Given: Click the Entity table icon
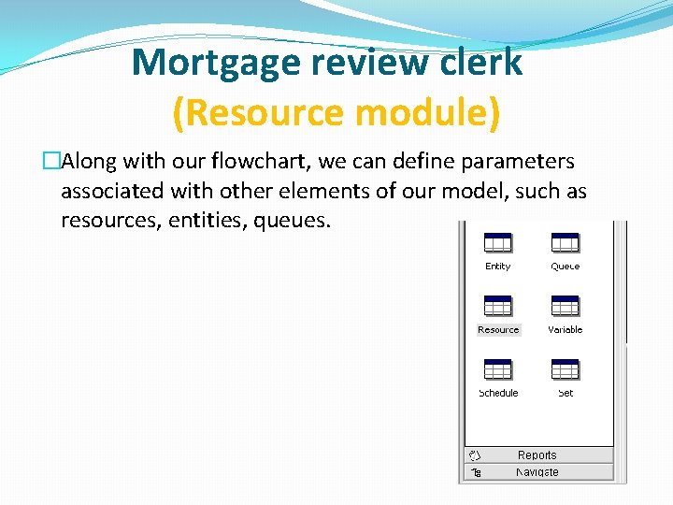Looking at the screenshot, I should click(497, 242).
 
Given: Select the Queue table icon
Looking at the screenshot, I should click(565, 242).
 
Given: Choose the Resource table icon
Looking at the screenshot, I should click(497, 306).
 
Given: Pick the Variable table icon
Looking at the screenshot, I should click(565, 306).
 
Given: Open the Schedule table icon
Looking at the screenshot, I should click(497, 369).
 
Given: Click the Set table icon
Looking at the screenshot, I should click(565, 369).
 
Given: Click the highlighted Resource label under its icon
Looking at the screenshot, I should click(497, 329).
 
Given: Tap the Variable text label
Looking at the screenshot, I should click(565, 329).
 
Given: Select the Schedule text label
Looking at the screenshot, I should click(497, 393).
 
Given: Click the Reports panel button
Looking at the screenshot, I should click(537, 455).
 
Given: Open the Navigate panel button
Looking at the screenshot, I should click(537, 472).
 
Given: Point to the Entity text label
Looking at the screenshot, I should click(497, 267).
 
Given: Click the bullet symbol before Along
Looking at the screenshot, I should click(51, 162).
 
